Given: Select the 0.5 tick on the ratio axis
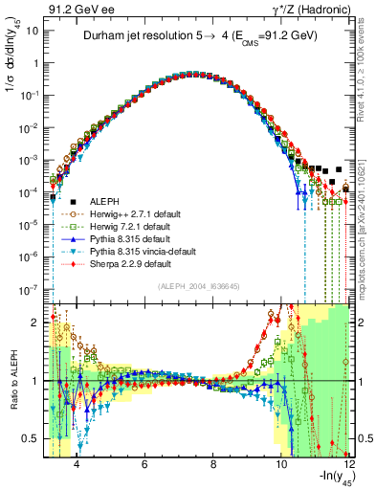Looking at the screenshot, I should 35,438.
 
